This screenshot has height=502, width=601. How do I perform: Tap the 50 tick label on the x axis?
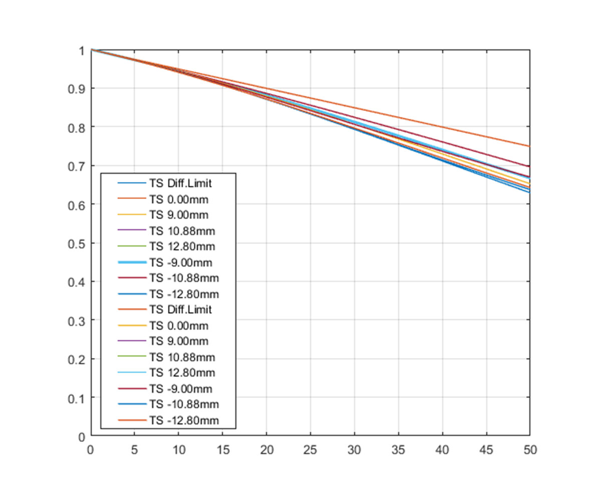point(530,450)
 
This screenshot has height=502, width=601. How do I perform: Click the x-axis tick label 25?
point(311,450)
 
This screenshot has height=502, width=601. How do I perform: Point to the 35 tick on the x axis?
point(398,450)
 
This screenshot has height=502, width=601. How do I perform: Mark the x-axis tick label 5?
point(134,450)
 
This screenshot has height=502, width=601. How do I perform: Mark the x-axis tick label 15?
point(222,450)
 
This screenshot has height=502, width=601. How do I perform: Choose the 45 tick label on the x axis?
point(486,450)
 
